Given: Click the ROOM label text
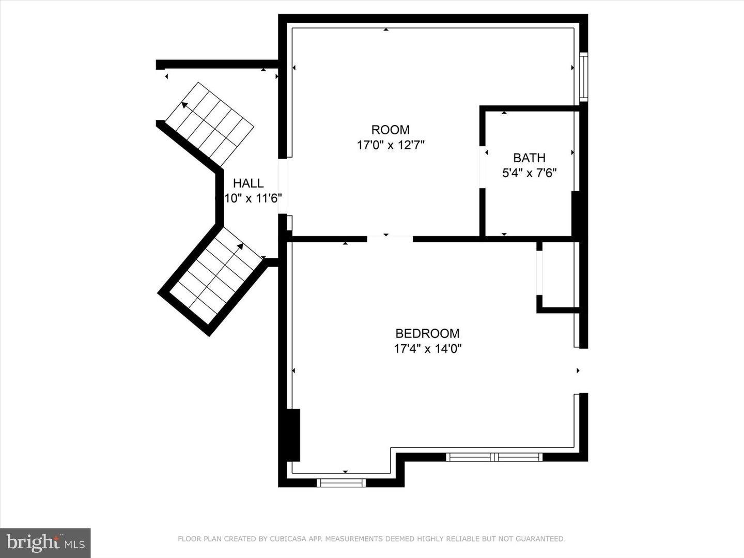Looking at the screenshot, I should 390,130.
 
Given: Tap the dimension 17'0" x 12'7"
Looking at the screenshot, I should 390,145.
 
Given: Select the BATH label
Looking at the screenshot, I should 529,158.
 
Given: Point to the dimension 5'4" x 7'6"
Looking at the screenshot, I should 529,173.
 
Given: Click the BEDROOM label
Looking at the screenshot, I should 427,334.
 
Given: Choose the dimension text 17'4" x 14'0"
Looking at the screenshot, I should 427,349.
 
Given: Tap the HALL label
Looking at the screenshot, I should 248,183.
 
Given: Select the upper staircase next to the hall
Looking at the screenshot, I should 210,124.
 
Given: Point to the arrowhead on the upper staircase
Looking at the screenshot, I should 184,105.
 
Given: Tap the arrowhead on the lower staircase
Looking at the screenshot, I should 240,246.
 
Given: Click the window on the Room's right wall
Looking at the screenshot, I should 583,77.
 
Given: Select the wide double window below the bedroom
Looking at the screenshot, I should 494,457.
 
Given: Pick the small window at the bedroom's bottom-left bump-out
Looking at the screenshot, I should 341,483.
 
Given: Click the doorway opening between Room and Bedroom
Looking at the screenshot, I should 390,239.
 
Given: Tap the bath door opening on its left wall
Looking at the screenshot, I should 483,167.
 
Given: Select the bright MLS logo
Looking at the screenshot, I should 45,542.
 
